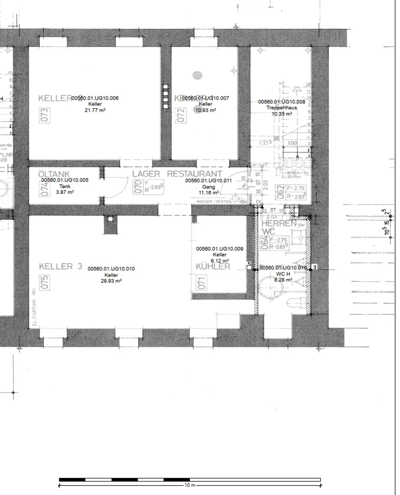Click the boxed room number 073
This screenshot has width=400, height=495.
click(x=44, y=115)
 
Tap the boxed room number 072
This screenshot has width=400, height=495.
click(x=181, y=115)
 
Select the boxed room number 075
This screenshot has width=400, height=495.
click(x=44, y=282)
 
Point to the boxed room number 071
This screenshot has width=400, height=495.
click(x=201, y=282)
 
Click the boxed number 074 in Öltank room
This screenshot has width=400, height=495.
click(x=44, y=189)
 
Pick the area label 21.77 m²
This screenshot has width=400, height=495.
click(x=95, y=110)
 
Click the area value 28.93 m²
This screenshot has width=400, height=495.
click(x=111, y=281)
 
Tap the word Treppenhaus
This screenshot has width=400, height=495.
click(x=282, y=108)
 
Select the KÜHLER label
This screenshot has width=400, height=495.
click(x=213, y=267)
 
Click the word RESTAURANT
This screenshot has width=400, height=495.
click(x=194, y=174)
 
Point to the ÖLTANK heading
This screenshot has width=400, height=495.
click(x=54, y=174)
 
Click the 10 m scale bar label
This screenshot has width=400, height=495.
click(x=190, y=485)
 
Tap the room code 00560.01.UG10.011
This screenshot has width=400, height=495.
click(x=208, y=181)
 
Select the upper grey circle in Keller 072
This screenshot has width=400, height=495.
click(x=197, y=75)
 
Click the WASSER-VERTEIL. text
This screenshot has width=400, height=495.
click(x=214, y=201)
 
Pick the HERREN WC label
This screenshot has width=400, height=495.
click(x=279, y=227)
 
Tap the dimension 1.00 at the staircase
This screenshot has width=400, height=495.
click(x=292, y=143)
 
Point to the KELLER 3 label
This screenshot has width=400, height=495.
click(x=61, y=266)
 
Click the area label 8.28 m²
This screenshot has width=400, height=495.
click(x=283, y=280)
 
